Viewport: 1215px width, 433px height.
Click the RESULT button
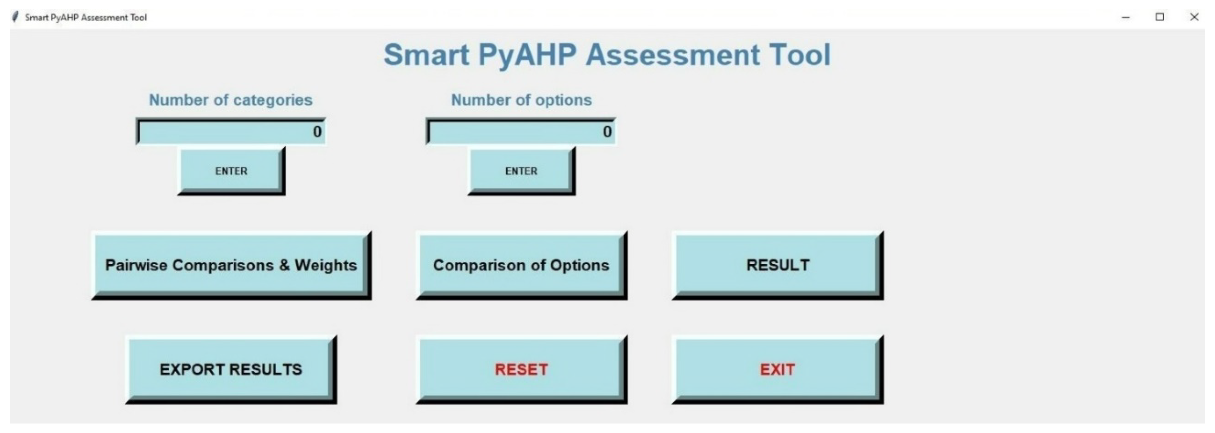[778, 265]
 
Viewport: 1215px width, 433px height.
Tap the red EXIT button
[778, 369]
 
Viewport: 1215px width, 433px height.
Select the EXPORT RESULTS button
[231, 369]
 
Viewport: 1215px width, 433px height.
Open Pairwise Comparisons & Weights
[231, 265]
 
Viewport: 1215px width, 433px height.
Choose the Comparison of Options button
[522, 265]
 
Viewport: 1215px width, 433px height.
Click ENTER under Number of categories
[231, 171]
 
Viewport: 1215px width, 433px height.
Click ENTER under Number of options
[522, 171]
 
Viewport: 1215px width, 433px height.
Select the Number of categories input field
[231, 131]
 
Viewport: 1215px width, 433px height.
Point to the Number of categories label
[231, 100]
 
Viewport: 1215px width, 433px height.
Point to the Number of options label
[521, 100]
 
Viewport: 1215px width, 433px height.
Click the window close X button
[1194, 17]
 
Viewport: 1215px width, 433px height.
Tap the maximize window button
[1160, 17]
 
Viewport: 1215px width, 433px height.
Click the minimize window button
[1126, 17]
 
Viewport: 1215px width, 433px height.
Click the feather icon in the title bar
[15, 17]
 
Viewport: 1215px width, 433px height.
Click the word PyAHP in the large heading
[527, 56]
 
